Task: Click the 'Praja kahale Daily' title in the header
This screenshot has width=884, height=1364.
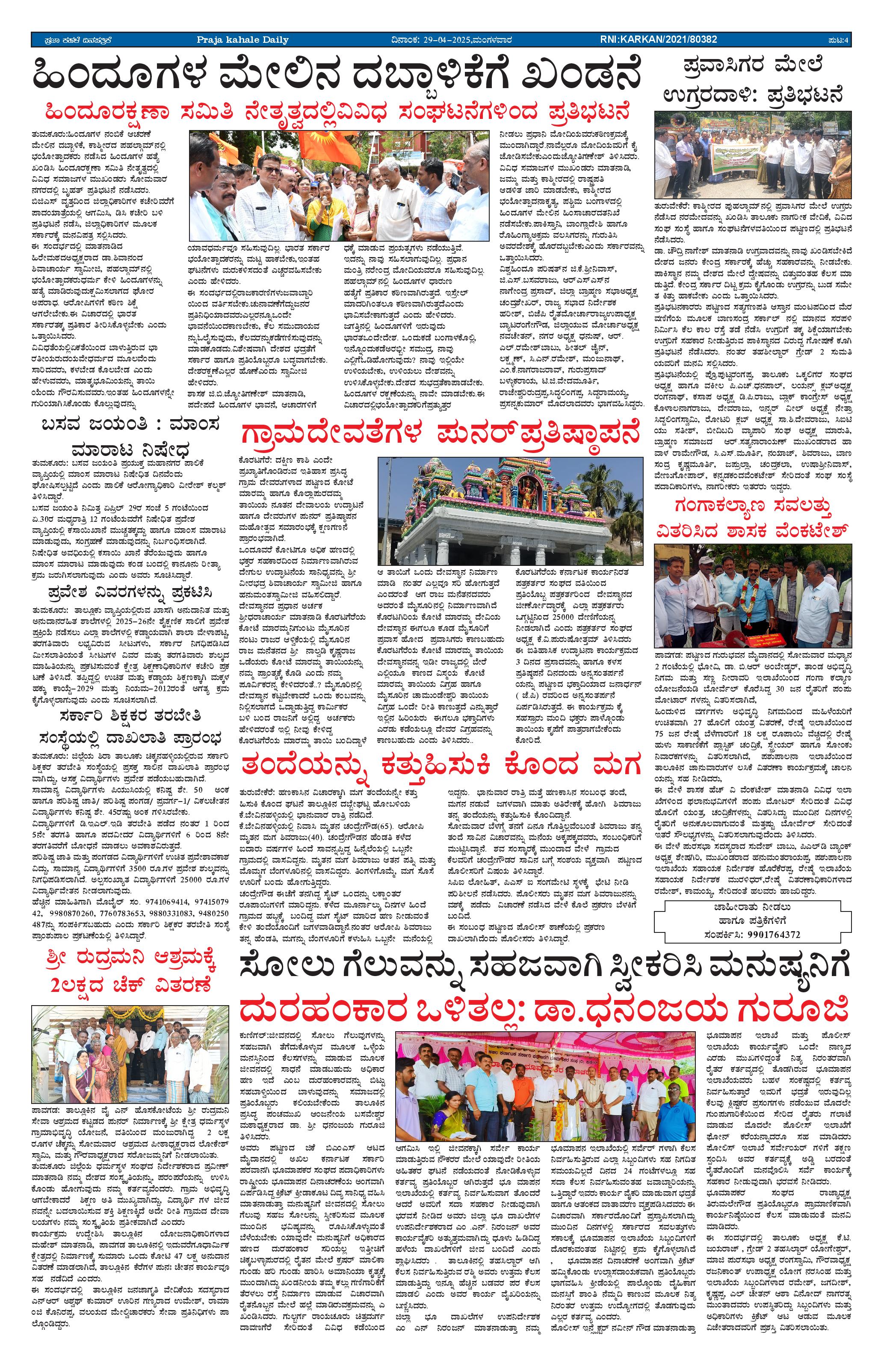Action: [x=242, y=39]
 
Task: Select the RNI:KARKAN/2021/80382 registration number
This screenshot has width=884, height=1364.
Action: [x=658, y=39]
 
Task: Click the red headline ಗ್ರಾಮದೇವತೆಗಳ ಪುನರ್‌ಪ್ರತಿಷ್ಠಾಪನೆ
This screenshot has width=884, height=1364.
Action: [x=439, y=434]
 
